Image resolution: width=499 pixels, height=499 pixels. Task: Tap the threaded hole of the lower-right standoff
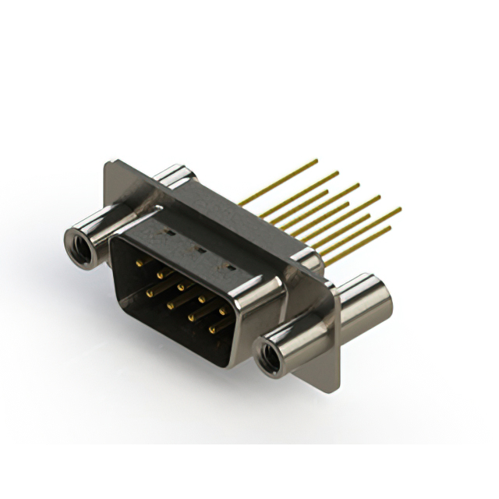pyautogui.click(x=271, y=360)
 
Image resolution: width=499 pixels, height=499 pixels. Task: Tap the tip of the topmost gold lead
pyautogui.click(x=317, y=161)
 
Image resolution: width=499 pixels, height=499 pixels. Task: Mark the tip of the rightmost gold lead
pyautogui.click(x=400, y=209)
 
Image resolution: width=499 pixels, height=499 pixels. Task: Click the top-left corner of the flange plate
pyautogui.click(x=108, y=163)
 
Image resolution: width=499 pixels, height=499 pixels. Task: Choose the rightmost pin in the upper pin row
pyautogui.click(x=222, y=309)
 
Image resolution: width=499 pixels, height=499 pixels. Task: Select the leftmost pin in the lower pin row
pyautogui.click(x=148, y=292)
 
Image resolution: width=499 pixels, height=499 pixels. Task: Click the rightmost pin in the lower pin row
pyautogui.click(x=211, y=330)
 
